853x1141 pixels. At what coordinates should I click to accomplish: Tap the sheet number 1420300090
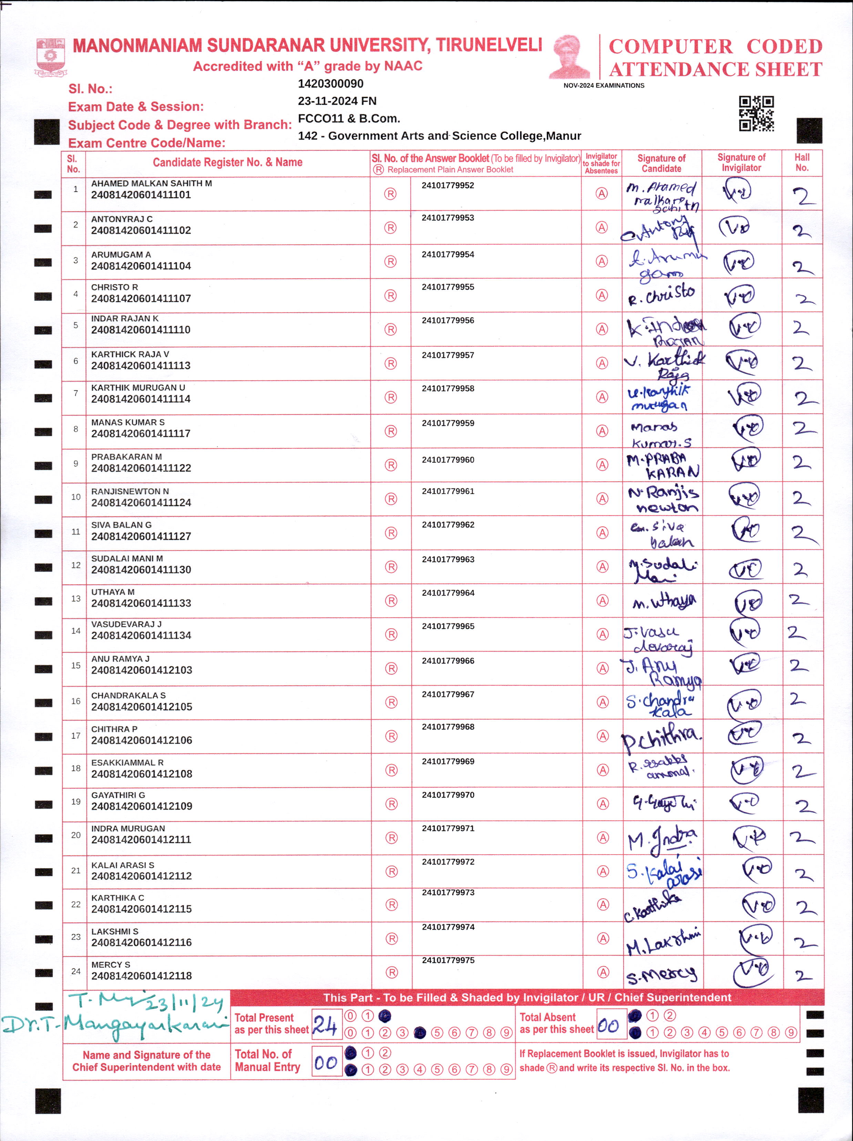pyautogui.click(x=330, y=84)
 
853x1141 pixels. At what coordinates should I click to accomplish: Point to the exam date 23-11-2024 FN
pyautogui.click(x=337, y=101)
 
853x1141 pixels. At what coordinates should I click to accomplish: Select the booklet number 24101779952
pyautogui.click(x=448, y=186)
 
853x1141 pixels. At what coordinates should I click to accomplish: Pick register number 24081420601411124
pyautogui.click(x=141, y=502)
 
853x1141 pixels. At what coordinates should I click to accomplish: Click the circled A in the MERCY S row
pyautogui.click(x=603, y=972)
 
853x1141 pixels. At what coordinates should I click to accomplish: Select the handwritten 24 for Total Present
pyautogui.click(x=325, y=1025)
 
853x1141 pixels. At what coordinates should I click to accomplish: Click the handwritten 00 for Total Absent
pyautogui.click(x=608, y=1025)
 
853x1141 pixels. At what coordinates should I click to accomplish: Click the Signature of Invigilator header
pyautogui.click(x=741, y=163)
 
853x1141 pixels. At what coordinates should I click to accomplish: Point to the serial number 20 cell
pyautogui.click(x=76, y=835)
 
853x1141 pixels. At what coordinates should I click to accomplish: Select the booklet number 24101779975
pyautogui.click(x=448, y=961)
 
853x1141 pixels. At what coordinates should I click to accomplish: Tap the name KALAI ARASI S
pyautogui.click(x=122, y=865)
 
